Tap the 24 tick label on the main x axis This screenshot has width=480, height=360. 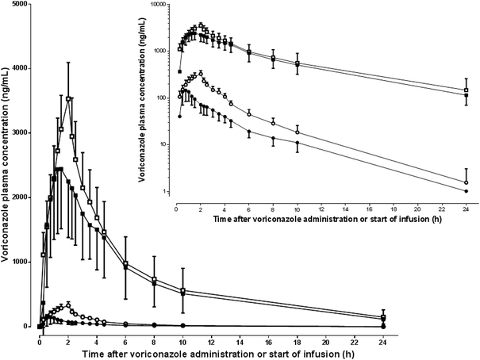tap(382, 335)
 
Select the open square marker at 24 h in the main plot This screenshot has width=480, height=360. tap(382, 317)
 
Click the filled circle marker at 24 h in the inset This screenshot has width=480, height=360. tap(466, 191)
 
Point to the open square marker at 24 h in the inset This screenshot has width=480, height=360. tap(466, 90)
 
